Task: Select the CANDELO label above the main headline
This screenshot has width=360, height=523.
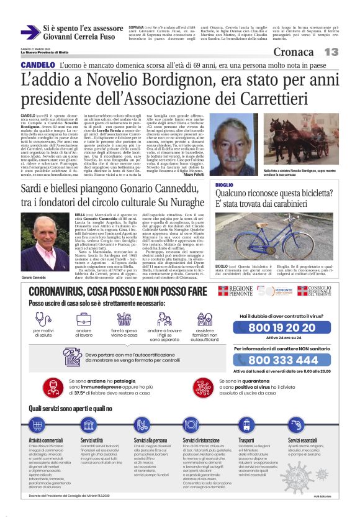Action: [38, 65]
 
